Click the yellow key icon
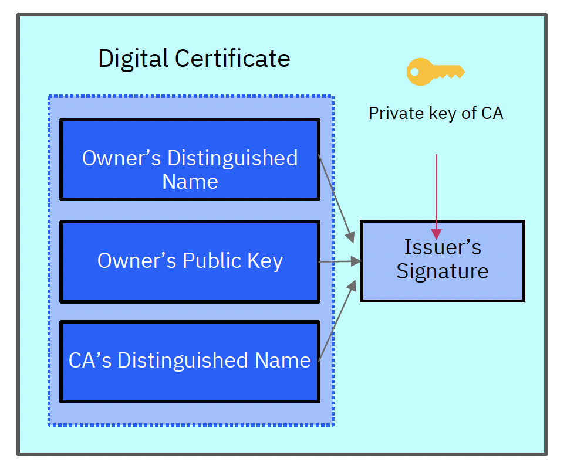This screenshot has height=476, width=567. coord(435,72)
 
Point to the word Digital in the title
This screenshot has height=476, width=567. coord(133,59)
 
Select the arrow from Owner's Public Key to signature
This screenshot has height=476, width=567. coord(339,261)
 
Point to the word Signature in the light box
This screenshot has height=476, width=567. coord(442,271)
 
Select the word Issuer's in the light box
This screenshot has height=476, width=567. coord(442,247)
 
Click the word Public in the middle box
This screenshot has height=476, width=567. coord(209,261)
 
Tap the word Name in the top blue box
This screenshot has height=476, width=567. coord(190,182)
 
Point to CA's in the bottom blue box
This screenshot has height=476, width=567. coord(90,361)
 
